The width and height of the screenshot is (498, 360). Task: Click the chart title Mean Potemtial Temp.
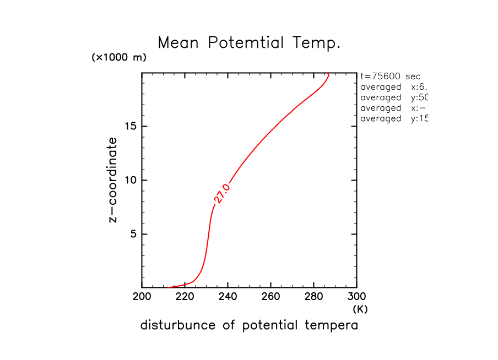click(x=249, y=43)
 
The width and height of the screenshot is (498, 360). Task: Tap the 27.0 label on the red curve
click(x=221, y=194)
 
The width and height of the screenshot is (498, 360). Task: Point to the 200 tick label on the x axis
click(x=142, y=298)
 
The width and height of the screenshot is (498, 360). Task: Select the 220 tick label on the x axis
click(x=185, y=298)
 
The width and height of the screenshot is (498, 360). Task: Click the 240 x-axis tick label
click(x=228, y=298)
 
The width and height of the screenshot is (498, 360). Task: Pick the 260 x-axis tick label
click(x=270, y=298)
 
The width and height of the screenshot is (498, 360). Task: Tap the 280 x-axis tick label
click(x=313, y=298)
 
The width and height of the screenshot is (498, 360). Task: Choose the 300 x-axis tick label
click(x=356, y=298)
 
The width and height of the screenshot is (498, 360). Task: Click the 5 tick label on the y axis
click(x=133, y=234)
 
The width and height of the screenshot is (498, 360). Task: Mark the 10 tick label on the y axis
click(x=130, y=180)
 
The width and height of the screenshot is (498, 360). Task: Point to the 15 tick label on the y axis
click(x=130, y=126)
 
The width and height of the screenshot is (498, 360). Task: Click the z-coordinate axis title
click(x=113, y=180)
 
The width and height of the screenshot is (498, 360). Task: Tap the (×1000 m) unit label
click(x=119, y=58)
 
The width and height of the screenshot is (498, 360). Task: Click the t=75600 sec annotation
click(x=390, y=77)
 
